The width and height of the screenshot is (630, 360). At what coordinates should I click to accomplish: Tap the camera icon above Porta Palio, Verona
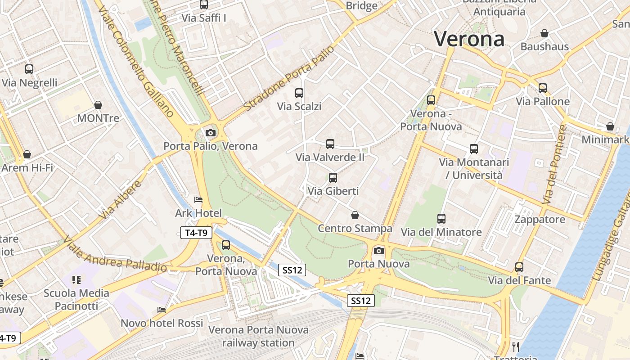click(x=210, y=133)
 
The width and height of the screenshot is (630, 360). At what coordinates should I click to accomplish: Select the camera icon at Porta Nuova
click(x=379, y=251)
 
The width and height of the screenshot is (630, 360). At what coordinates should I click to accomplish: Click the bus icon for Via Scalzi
click(x=299, y=93)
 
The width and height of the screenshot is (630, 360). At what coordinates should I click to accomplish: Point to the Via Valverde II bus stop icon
click(x=330, y=144)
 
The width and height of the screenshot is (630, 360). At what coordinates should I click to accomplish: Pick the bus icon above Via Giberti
click(x=333, y=178)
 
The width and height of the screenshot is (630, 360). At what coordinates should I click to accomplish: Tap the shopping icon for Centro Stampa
click(x=355, y=215)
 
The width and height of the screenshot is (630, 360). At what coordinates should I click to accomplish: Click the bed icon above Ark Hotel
click(x=198, y=200)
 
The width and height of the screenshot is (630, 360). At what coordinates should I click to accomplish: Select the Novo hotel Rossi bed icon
click(x=162, y=310)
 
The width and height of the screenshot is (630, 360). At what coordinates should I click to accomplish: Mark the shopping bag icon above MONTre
click(x=98, y=105)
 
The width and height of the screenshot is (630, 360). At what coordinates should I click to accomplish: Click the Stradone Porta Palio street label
click(x=289, y=78)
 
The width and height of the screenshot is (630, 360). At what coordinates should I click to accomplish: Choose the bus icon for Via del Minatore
click(x=441, y=219)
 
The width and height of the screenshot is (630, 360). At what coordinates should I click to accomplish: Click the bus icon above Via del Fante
click(x=519, y=267)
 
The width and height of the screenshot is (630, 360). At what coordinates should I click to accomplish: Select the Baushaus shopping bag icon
click(x=544, y=33)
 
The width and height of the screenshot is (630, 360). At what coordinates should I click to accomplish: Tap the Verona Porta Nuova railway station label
click(x=258, y=336)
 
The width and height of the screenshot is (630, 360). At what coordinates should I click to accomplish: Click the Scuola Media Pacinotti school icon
click(x=76, y=280)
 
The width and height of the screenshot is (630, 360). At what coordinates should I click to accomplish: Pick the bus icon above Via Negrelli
click(x=29, y=69)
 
